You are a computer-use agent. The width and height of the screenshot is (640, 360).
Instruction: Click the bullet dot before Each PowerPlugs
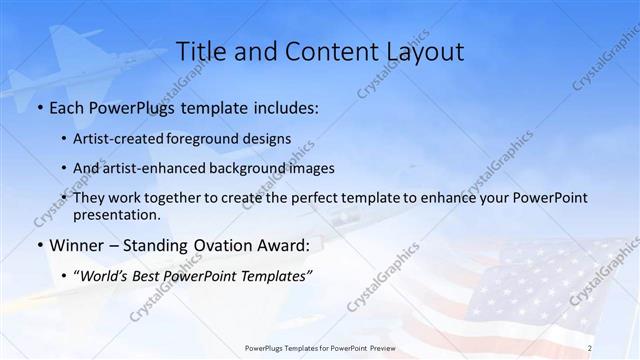point(39,108)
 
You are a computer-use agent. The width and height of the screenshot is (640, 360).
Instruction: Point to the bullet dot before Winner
point(39,245)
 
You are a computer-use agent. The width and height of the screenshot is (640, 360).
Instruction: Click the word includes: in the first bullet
point(284,108)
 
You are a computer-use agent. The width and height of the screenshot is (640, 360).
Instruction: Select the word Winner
point(77,245)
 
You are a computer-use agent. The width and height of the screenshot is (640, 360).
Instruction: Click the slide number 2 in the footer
point(590,348)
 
